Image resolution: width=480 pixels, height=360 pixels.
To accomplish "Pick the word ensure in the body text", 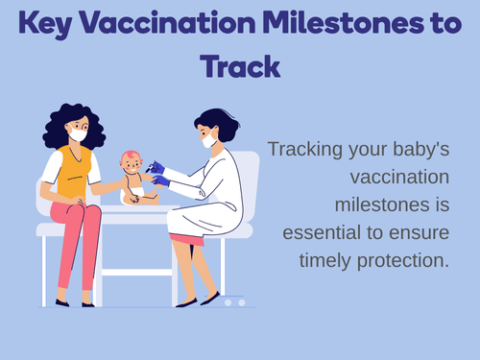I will pyautogui.click(x=411, y=232).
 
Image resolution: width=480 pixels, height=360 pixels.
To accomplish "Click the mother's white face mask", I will pyautogui.click(x=78, y=134).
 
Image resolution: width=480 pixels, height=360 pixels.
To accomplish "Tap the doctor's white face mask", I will pyautogui.click(x=208, y=141).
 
